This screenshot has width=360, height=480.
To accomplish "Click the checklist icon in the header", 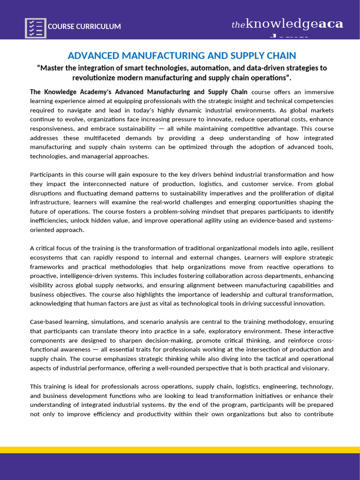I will (x=35, y=27).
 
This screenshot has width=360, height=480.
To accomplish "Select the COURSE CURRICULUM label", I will (x=84, y=27).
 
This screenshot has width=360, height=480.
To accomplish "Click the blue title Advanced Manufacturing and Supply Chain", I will (x=182, y=56).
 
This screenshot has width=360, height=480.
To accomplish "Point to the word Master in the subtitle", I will (x=52, y=68).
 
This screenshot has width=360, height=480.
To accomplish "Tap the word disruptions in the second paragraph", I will (x=46, y=193).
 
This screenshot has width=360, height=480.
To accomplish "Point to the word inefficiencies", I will (x=49, y=221).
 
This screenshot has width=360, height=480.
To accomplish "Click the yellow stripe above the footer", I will (x=180, y=450).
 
